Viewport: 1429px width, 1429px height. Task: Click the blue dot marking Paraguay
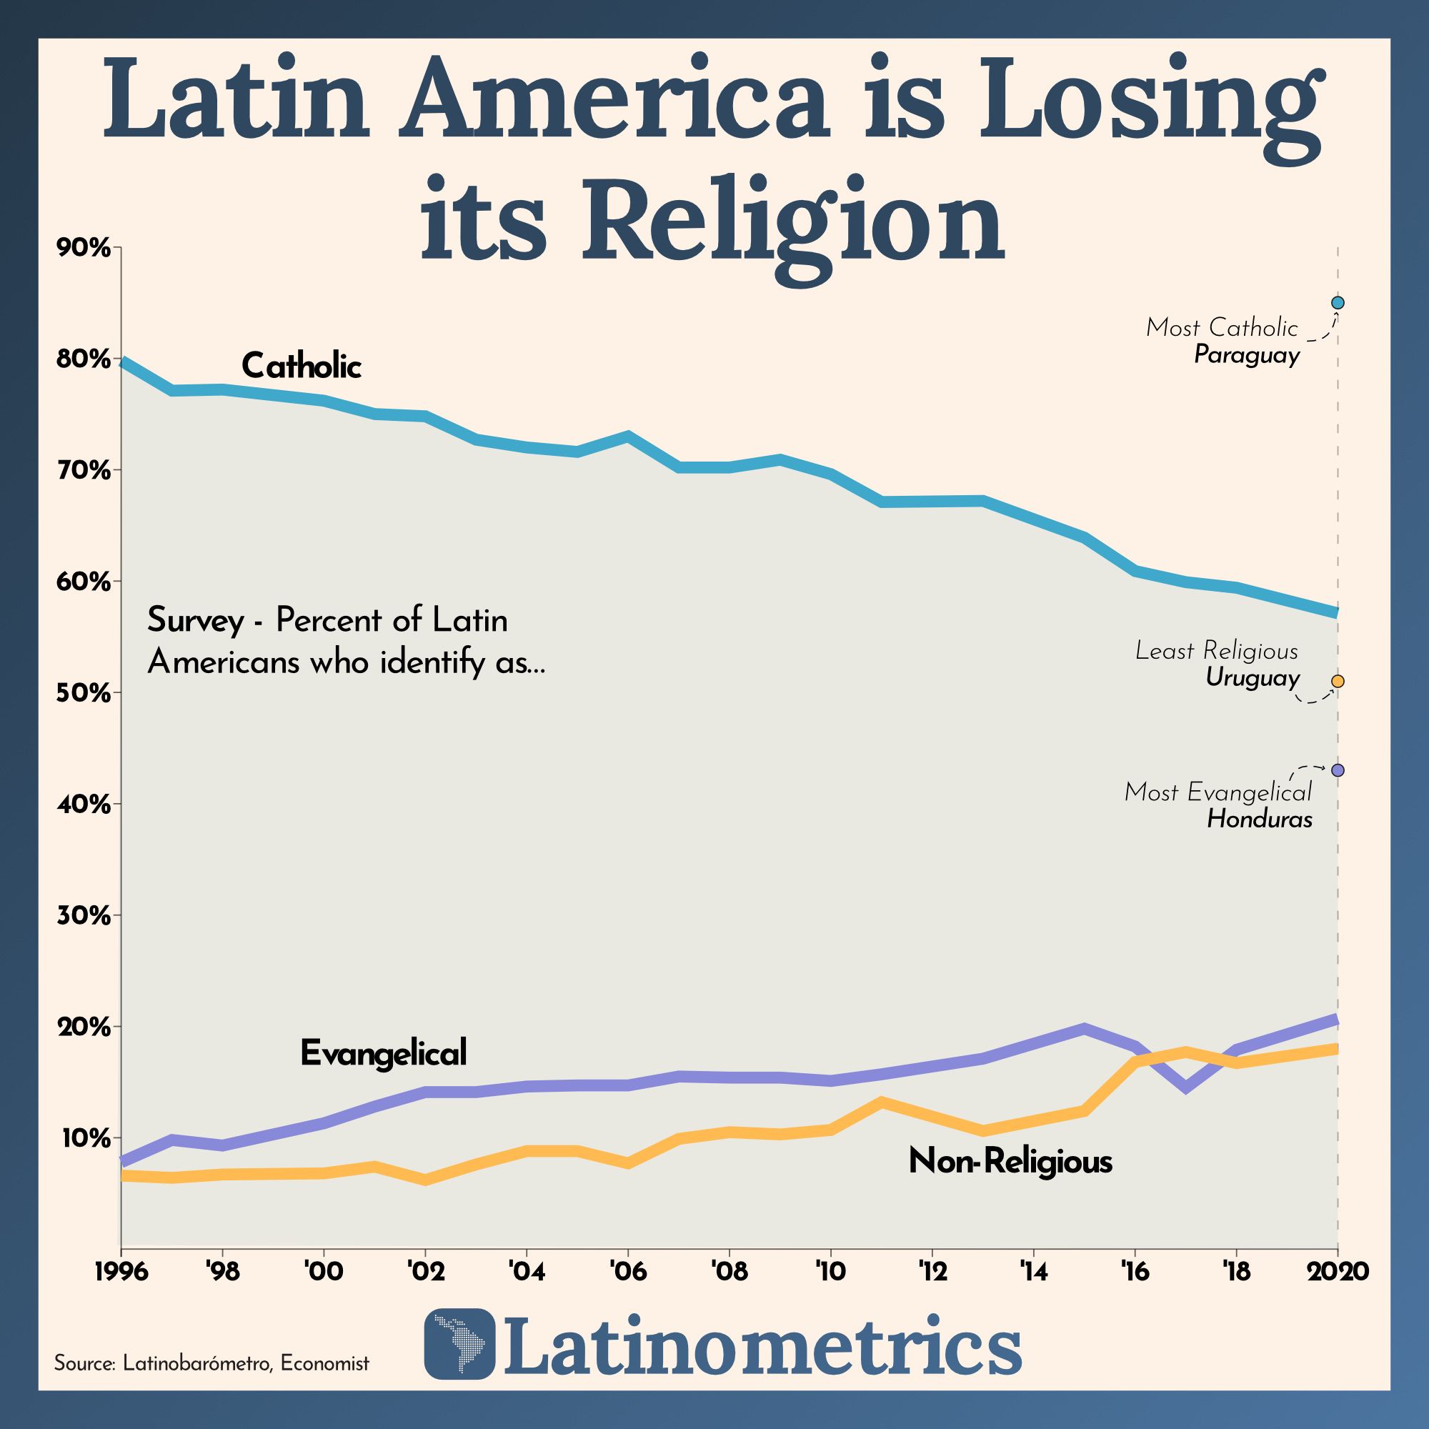[x=1338, y=302]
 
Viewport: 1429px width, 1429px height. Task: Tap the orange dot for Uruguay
[x=1338, y=681]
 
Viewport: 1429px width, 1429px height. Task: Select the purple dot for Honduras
[x=1338, y=770]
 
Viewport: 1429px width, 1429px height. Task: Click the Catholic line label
[x=301, y=366]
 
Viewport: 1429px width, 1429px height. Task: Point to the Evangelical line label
[x=383, y=1052]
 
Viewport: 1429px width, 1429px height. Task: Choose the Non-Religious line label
[x=1010, y=1160]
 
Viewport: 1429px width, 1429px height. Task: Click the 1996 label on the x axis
[x=121, y=1273]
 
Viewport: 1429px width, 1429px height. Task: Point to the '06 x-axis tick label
[x=628, y=1273]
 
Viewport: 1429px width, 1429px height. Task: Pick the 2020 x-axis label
[x=1338, y=1273]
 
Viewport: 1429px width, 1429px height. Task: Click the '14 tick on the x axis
[x=1032, y=1273]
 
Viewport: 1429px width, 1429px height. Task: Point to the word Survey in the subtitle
[x=195, y=619]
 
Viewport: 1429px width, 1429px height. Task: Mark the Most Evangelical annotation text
[x=1218, y=792]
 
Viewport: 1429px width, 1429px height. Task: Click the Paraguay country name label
[x=1246, y=355]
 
